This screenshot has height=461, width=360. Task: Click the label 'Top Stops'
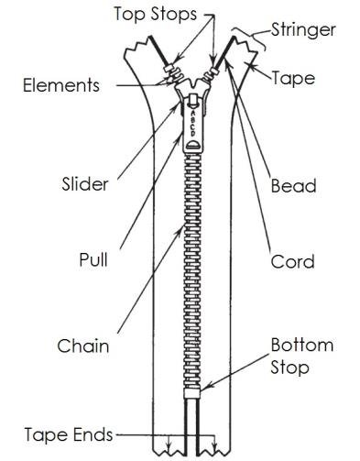154,14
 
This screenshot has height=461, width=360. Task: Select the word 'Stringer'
303,29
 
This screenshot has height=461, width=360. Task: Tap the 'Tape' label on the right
293,78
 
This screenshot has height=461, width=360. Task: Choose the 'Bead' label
293,186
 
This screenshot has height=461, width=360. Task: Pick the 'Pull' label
93,260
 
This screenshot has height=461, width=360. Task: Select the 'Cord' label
292,261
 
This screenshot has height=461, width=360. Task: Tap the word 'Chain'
83,346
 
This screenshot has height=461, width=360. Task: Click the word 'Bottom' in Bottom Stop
301,346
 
